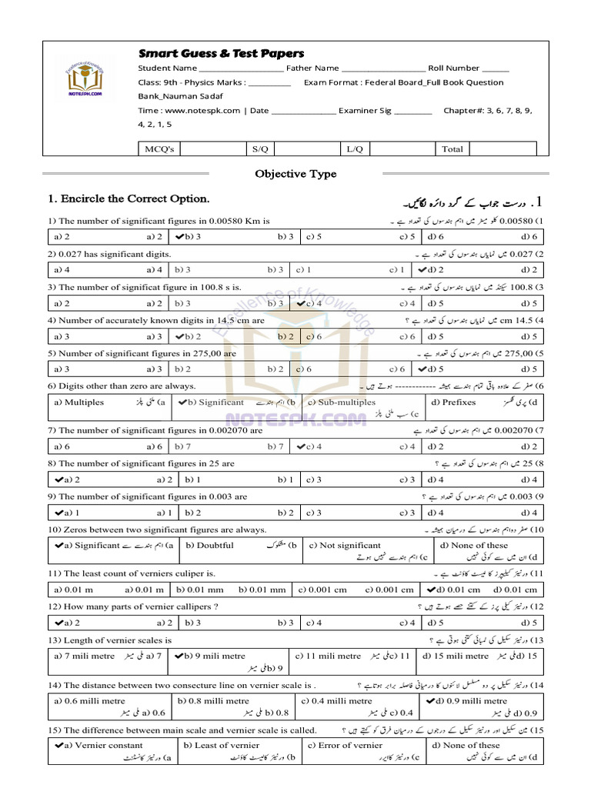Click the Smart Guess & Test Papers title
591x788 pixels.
(x=221, y=53)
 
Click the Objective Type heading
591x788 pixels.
(x=295, y=174)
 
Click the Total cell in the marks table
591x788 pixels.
(x=452, y=149)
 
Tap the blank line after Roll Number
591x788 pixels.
(x=496, y=68)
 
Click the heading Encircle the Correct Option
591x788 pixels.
(x=129, y=199)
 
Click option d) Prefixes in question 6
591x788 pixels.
(x=453, y=402)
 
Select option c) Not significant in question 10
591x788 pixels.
(x=344, y=545)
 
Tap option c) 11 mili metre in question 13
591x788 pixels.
(x=333, y=656)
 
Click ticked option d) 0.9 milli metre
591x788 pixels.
(x=472, y=700)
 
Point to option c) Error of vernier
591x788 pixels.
(x=344, y=745)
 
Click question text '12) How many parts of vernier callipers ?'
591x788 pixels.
(x=133, y=606)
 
